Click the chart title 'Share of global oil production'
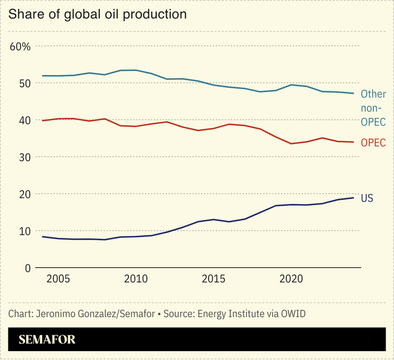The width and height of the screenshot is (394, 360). coord(98,14)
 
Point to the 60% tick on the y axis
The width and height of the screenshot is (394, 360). coord(20,47)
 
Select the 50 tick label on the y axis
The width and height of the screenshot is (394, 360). coord(25,83)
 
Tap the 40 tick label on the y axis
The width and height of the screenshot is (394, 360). coord(25,120)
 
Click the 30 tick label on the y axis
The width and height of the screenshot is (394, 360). coord(25,157)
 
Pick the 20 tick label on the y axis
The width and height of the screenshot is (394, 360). coord(25,194)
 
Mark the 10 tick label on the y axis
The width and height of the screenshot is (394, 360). coord(25,231)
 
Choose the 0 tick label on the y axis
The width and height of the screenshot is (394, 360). coord(28,268)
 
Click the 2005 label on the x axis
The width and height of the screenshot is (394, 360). coord(58,279)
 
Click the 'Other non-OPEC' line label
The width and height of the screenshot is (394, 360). coord(373,108)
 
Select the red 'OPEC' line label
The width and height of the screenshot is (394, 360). coord(373,143)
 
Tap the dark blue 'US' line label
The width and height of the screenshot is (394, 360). coord(367,198)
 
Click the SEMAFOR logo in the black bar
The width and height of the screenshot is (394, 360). coord(47,340)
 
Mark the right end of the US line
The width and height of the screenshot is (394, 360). coord(354,198)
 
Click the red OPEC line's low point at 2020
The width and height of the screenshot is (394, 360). coord(291,144)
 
